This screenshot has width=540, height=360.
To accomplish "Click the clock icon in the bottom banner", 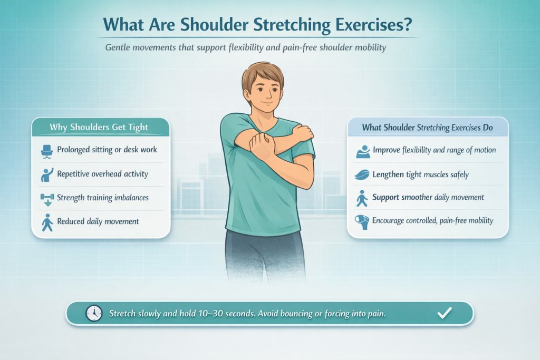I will (93, 314).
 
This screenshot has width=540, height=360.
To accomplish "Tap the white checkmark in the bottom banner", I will (445, 313).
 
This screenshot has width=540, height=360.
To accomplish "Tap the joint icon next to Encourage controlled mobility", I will (361, 221).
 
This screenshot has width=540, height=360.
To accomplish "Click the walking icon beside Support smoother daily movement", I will (361, 198).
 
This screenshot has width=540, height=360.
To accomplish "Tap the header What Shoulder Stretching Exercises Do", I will (428, 128).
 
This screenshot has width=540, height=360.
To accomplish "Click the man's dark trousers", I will (264, 253).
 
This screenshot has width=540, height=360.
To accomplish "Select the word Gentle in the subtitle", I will (120, 48).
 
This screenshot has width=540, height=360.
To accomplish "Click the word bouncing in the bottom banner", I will (306, 314).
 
